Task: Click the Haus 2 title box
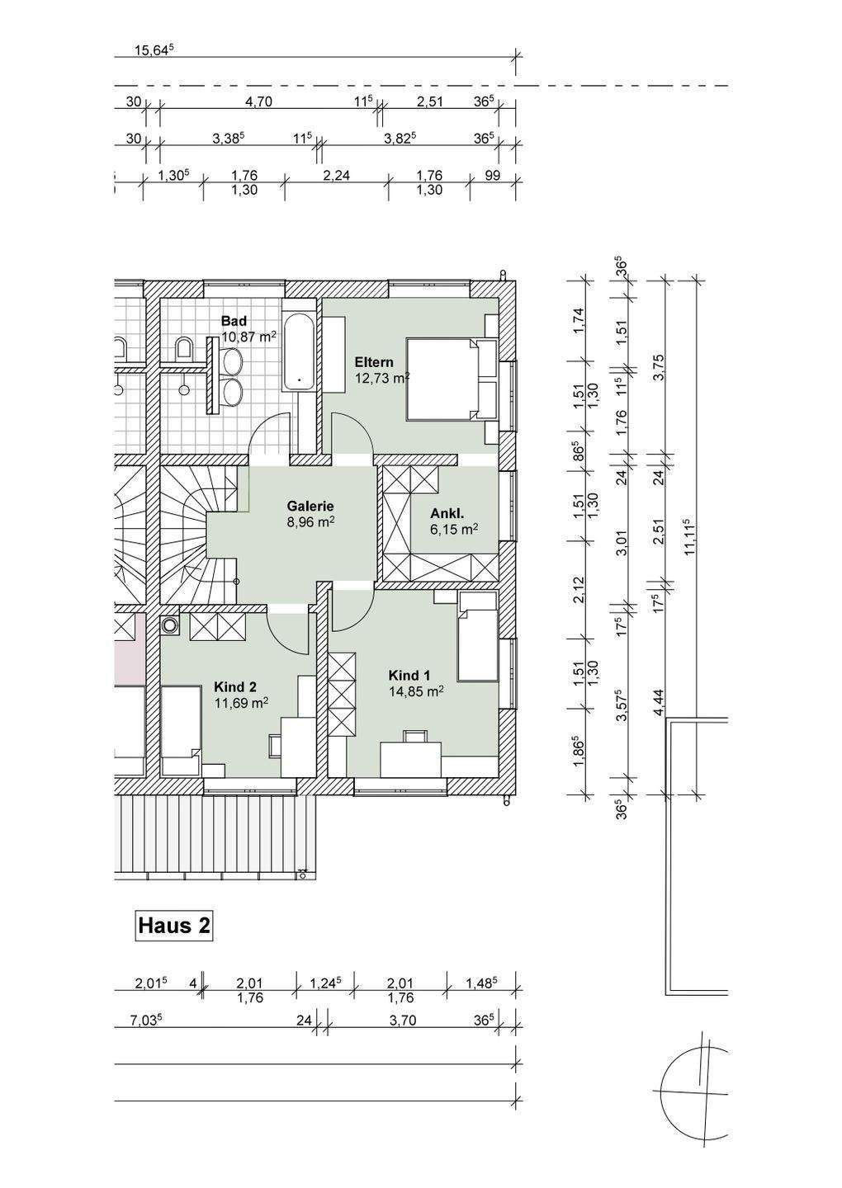coord(173,925)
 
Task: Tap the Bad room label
coord(234,321)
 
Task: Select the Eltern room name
coord(374,362)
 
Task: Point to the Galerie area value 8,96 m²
coord(310,521)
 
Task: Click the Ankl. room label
coord(447,513)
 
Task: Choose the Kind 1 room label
coord(410,675)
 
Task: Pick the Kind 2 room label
coord(235,686)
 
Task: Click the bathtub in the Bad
coord(298,351)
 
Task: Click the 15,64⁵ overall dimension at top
coord(154,50)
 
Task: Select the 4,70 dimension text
coord(259,101)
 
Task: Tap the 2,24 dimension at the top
coord(336,176)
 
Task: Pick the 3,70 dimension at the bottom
coord(404,1021)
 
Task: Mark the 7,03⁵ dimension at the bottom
coord(145,1021)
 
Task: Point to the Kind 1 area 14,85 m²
coord(416,692)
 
